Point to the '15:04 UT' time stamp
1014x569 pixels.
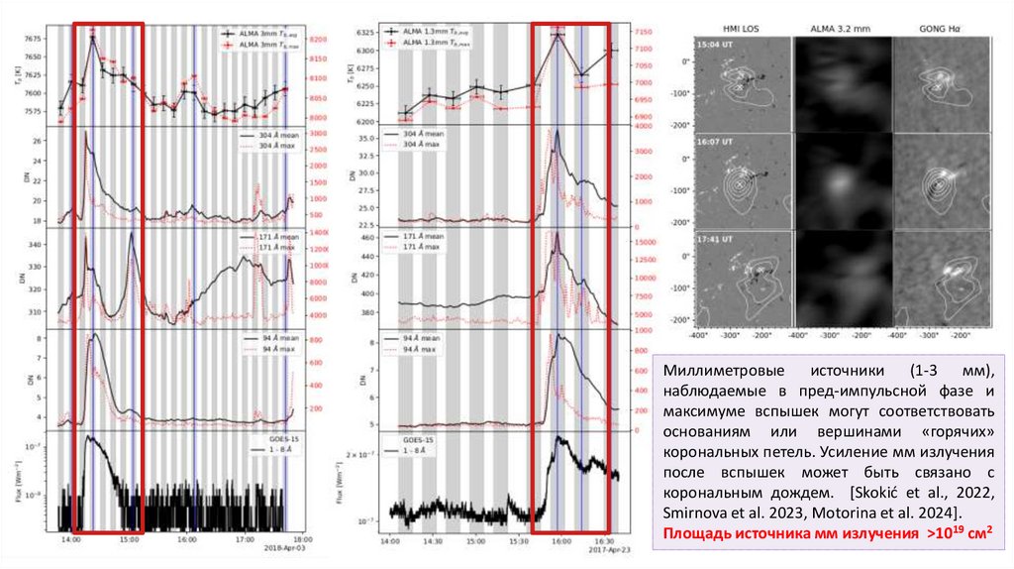(715, 46)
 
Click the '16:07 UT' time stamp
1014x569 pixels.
(715, 142)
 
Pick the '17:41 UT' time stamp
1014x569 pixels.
(715, 239)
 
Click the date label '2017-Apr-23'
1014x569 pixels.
(603, 548)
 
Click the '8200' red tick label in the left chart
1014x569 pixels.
(319, 39)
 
